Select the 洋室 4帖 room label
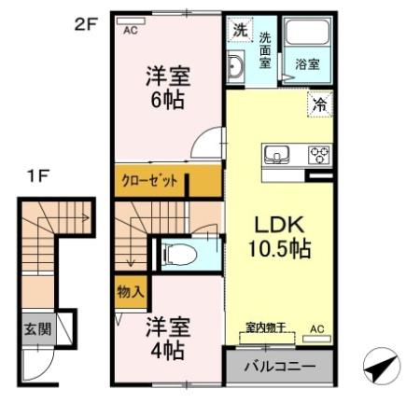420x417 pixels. (168, 339)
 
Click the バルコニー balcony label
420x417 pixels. (279, 365)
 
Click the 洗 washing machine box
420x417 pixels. (238, 30)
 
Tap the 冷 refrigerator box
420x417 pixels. (319, 106)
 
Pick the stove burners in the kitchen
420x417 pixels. (319, 155)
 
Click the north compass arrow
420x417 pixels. (379, 368)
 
